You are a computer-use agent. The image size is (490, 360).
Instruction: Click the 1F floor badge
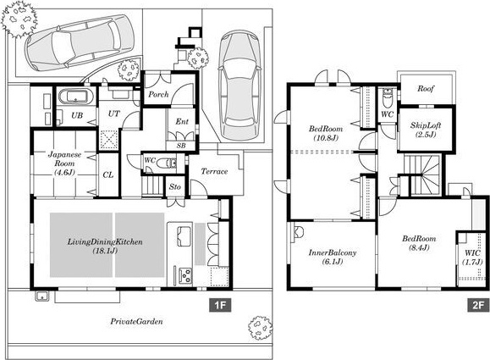[220, 305]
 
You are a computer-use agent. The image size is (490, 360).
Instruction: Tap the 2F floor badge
[478, 305]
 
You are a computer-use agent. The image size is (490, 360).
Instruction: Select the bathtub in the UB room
[76, 97]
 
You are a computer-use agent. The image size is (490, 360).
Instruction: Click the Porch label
[158, 94]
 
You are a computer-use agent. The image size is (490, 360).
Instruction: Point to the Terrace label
[214, 171]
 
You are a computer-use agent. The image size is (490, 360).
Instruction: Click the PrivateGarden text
[136, 321]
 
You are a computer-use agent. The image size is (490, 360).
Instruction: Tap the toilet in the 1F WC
[166, 163]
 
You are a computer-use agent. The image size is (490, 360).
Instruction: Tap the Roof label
[426, 88]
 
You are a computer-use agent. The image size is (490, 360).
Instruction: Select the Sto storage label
[175, 186]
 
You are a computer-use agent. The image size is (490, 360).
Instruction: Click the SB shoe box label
[181, 146]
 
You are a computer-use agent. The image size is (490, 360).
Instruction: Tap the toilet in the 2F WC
[388, 98]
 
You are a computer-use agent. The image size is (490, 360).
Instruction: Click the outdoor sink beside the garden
[41, 296]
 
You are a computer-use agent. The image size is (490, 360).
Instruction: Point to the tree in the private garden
[260, 328]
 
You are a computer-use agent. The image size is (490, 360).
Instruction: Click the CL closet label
[108, 174]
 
